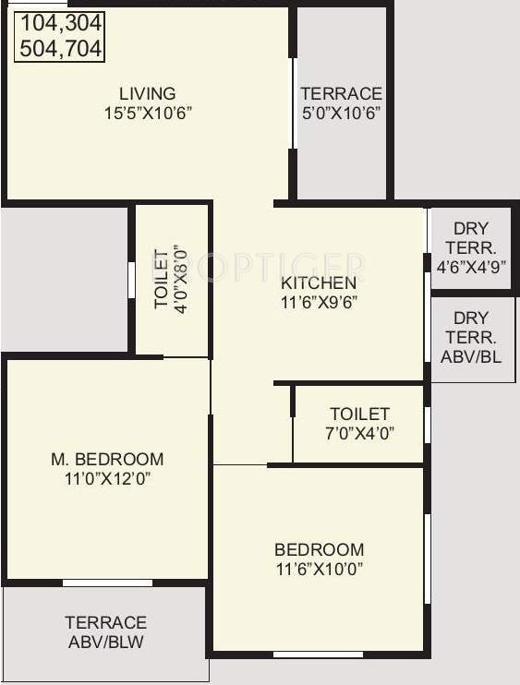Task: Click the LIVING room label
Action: click(147, 93)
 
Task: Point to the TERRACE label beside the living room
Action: click(341, 93)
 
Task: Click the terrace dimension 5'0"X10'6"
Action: click(341, 113)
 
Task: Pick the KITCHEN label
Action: click(319, 282)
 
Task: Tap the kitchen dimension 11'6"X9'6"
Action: click(319, 302)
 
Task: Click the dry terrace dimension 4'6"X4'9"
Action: click(470, 268)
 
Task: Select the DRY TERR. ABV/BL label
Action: click(471, 336)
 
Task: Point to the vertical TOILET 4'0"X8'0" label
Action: click(172, 280)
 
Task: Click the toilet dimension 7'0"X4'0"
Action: click(359, 433)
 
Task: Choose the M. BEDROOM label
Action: click(107, 459)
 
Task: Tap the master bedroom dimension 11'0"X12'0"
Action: click(107, 478)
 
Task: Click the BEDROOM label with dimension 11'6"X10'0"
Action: click(319, 549)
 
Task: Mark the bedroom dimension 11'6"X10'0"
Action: click(319, 569)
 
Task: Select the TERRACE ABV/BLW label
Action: click(105, 632)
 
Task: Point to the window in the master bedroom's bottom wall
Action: click(107, 583)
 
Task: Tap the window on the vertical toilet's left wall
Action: click(131, 280)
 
